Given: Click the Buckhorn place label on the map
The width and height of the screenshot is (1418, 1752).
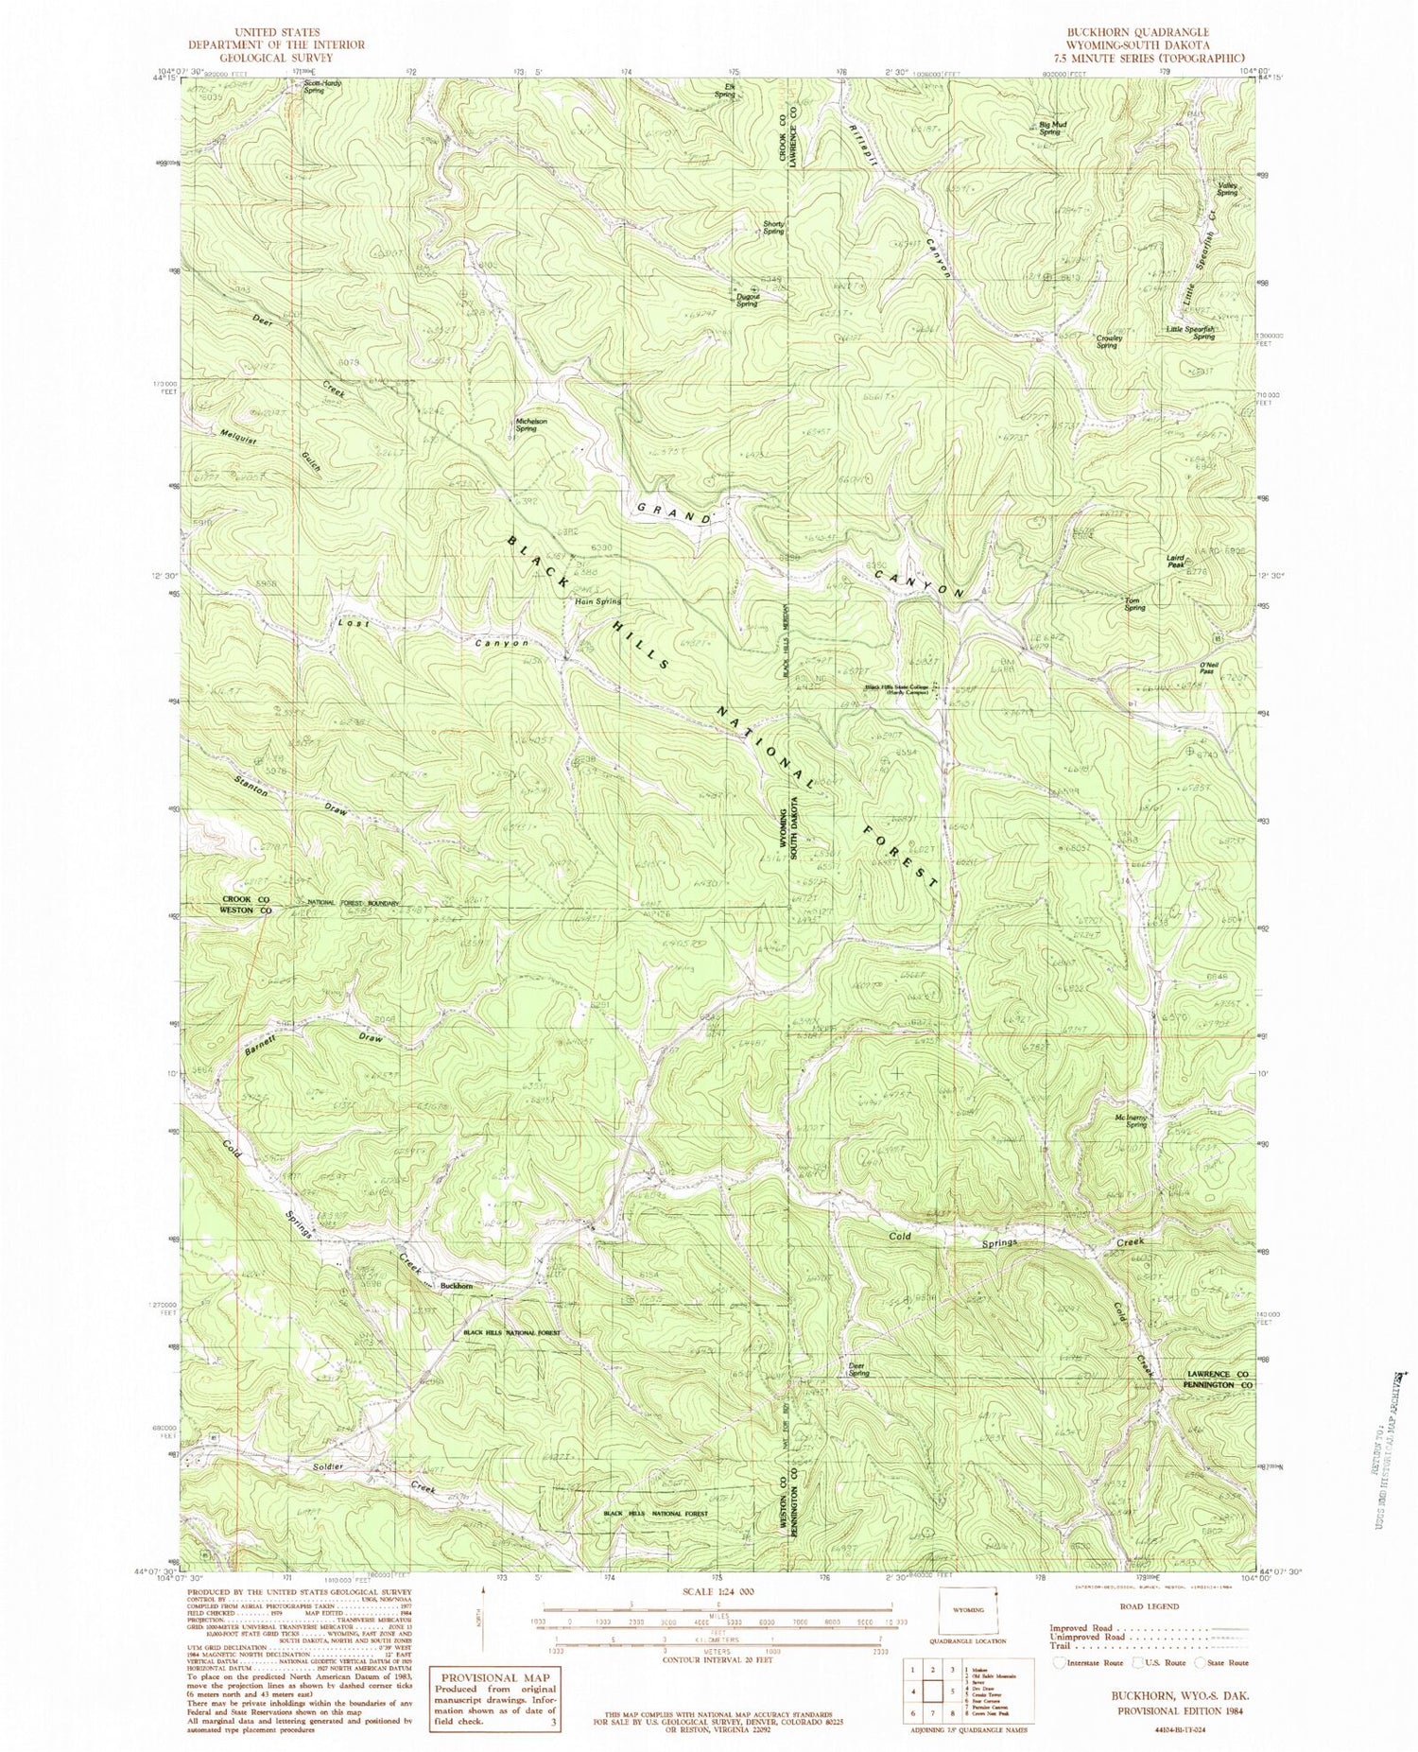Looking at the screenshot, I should click(457, 1286).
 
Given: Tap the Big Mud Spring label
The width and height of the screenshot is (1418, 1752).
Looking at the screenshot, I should click(1053, 128).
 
